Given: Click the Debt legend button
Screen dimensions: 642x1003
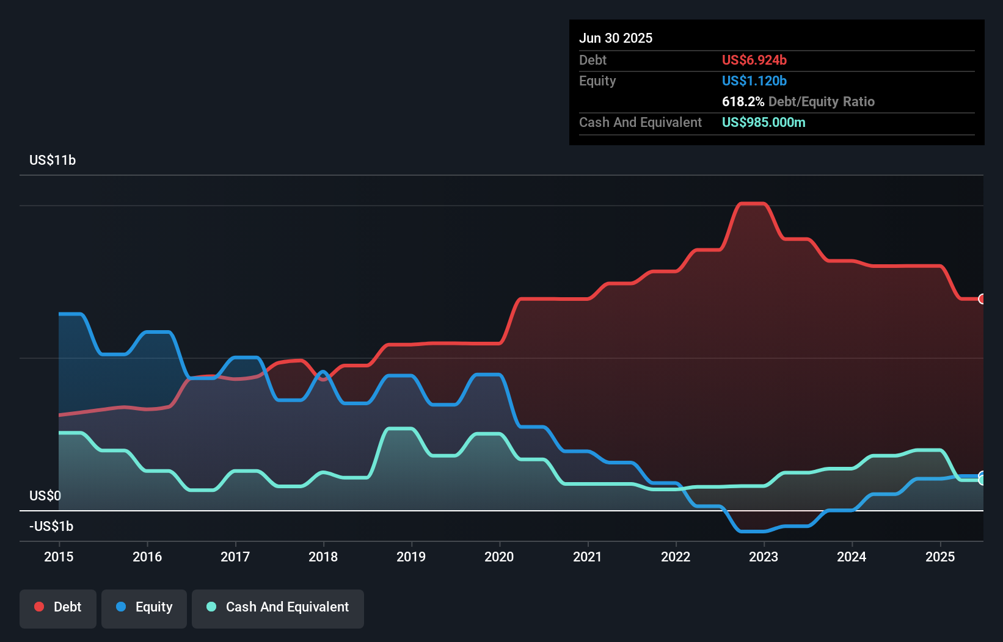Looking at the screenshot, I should coord(58,608).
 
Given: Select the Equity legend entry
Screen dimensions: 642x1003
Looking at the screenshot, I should coord(144,608).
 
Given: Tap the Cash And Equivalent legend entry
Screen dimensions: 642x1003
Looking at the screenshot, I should coord(278,608).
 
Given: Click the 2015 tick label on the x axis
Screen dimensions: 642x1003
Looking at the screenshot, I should coord(59,557).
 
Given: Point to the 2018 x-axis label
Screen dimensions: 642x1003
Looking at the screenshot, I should coord(323,557).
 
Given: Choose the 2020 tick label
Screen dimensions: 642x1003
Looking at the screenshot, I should coord(499,557).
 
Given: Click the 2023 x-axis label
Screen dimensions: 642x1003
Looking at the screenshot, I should coord(764,557).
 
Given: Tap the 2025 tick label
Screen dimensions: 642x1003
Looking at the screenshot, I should coord(939,557).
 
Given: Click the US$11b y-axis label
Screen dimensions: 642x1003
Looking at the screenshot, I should coord(53,161).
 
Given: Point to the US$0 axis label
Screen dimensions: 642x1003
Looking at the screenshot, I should coord(45,496).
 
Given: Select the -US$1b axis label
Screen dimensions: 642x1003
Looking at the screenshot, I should coord(51,526).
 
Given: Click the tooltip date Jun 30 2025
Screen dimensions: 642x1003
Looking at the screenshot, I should coord(616,38).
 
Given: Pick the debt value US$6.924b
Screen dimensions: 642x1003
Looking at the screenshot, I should coord(754,60).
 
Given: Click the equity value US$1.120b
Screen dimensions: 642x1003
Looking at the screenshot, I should coord(754,81).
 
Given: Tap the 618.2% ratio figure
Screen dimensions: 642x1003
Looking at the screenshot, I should coord(743,102).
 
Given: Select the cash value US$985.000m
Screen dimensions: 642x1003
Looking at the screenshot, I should coord(764,123).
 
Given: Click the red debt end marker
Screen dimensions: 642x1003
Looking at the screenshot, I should coord(982,299).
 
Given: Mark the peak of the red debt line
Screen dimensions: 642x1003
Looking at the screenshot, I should coord(752,204).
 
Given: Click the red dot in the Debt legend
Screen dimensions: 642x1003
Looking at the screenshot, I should coord(39,607).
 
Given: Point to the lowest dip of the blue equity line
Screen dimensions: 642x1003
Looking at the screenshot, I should coord(752,531).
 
